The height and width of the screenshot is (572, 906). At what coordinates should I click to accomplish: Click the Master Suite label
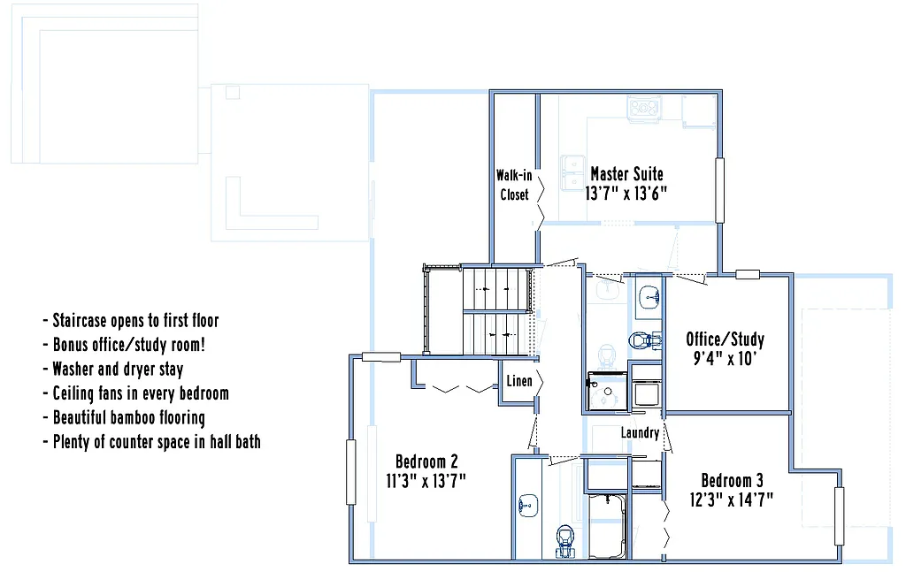tap(626, 174)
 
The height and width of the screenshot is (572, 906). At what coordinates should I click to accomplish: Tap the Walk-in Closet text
tap(514, 185)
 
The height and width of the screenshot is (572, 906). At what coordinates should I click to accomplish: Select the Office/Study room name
tap(725, 339)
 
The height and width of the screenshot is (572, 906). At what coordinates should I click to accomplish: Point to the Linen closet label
tap(518, 382)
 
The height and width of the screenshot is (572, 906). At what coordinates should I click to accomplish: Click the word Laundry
tap(639, 433)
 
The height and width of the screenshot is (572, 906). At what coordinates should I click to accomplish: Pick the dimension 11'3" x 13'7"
tap(426, 481)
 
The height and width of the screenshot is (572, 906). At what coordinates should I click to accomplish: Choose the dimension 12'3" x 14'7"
tap(732, 500)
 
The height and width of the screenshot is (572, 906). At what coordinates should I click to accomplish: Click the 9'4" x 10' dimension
tap(725, 359)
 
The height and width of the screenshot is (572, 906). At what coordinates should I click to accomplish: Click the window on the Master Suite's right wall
tap(720, 189)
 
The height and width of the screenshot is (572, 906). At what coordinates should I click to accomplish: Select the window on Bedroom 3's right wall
tap(838, 516)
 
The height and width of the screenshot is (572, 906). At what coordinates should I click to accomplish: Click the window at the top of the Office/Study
tap(748, 274)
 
